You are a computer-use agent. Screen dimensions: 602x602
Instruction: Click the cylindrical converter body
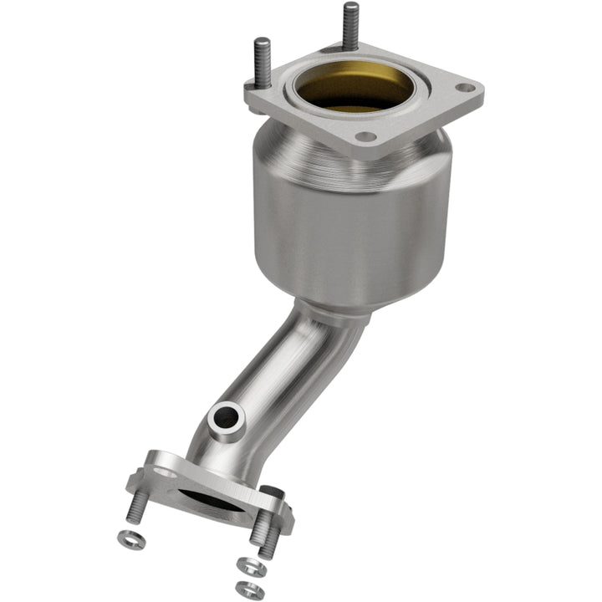click(x=351, y=226)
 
